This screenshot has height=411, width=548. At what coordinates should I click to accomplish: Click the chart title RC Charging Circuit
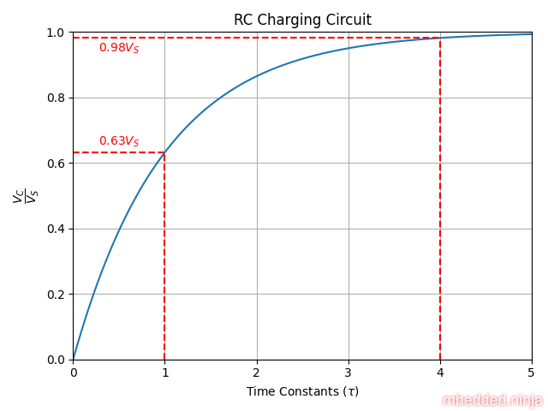(302, 20)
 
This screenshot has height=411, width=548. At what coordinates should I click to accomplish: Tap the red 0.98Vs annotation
(118, 48)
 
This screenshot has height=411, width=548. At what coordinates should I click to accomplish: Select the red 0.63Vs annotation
(118, 141)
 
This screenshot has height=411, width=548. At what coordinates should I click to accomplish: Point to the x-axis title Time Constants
(302, 391)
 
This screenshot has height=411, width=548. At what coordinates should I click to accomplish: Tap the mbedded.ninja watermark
(492, 400)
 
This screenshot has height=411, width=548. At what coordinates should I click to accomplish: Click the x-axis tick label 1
(164, 373)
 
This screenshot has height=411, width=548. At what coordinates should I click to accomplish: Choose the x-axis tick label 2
(256, 373)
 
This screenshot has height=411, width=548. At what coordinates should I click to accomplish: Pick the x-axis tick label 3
(348, 373)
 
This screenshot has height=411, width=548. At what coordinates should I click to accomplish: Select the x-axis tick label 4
(440, 373)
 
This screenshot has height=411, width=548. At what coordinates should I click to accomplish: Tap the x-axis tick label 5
(531, 373)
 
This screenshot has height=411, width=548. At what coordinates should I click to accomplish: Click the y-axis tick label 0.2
(57, 295)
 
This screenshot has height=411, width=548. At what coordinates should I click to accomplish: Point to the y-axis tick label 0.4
(57, 229)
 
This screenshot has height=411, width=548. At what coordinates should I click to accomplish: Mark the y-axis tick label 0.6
(57, 164)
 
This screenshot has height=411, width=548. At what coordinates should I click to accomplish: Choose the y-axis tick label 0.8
(57, 98)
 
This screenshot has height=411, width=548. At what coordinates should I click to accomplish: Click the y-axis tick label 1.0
(57, 33)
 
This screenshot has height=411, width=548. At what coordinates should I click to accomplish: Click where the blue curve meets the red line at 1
(164, 152)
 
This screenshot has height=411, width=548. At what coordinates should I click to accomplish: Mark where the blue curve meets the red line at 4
(440, 38)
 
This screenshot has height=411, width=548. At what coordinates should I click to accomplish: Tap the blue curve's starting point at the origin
(74, 359)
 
